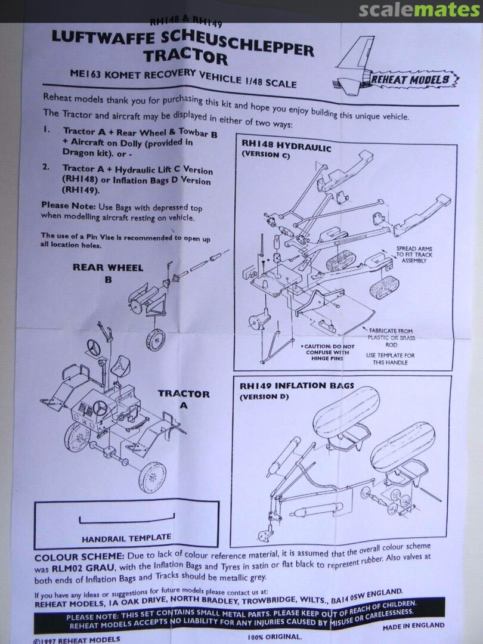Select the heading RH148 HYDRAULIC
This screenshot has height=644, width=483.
(x=286, y=147)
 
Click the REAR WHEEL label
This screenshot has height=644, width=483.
(x=108, y=267)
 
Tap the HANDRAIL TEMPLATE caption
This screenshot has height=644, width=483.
(x=126, y=537)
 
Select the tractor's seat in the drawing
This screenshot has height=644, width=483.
(x=123, y=363)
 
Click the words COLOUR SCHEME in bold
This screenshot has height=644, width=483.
(x=70, y=558)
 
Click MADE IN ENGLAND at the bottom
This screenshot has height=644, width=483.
(x=413, y=626)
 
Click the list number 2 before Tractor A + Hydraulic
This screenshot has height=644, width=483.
(x=45, y=168)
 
